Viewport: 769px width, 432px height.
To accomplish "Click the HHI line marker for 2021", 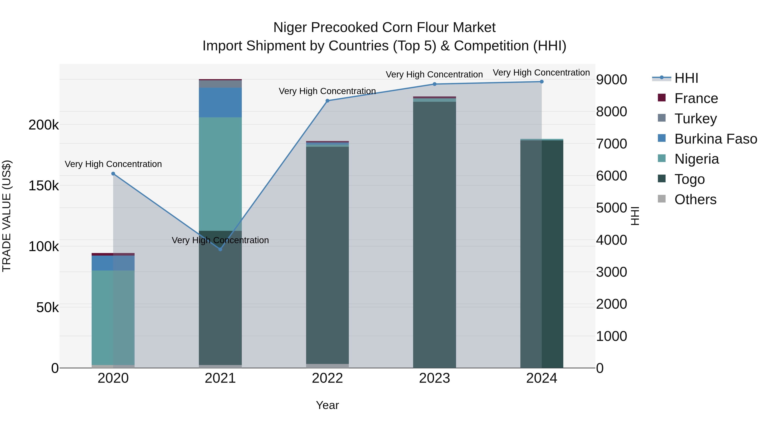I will [220, 249].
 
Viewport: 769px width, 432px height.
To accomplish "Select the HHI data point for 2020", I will [113, 173].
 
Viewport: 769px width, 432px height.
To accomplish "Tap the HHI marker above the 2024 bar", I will [542, 82].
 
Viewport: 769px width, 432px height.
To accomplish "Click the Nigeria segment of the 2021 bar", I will [220, 174].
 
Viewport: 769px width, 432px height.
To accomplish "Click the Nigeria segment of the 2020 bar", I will [113, 317].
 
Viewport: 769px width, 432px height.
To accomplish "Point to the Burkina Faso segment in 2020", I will [113, 263].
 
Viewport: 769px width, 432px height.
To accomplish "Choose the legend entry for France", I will [696, 98].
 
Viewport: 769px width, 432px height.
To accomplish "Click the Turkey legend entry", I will [695, 119].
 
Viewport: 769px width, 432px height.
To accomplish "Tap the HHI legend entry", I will [686, 78].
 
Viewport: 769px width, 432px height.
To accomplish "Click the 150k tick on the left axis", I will [44, 186].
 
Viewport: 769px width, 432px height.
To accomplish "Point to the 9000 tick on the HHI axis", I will [611, 80].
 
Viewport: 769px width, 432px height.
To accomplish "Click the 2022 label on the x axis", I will [327, 378].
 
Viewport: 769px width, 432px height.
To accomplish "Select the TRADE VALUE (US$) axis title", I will [7, 216].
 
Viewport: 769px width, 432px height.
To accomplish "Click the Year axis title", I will [327, 405].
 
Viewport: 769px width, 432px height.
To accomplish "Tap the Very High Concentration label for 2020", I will [113, 164].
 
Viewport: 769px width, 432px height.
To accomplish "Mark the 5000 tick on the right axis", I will [611, 208].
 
